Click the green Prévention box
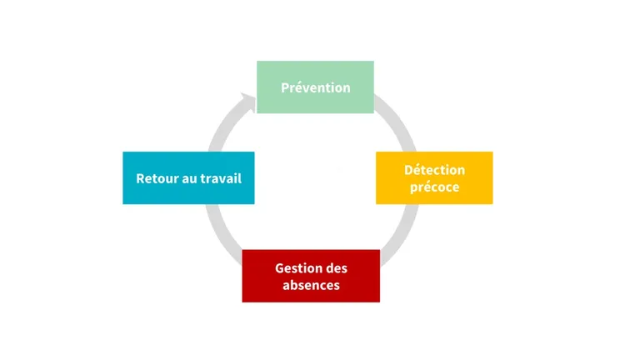tap(315, 87)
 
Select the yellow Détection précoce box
tap(434, 178)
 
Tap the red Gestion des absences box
tap(311, 276)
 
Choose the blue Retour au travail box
tap(188, 178)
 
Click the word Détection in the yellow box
tap(435, 170)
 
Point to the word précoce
tap(435, 187)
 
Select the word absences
tap(311, 285)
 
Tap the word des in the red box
tap(336, 268)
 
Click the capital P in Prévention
tap(285, 87)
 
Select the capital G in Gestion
tap(280, 268)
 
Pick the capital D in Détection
tap(408, 170)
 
